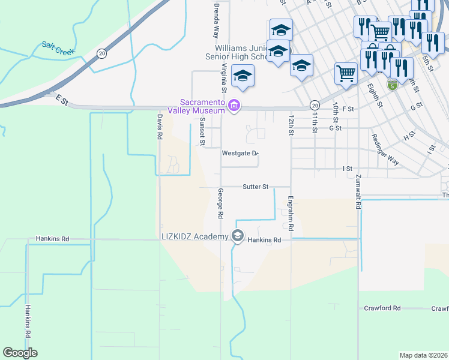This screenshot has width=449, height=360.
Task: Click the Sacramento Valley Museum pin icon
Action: pos(234,107)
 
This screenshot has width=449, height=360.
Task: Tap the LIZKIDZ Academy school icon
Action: pos(238,236)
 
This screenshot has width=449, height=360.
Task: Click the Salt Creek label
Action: pos(58,48)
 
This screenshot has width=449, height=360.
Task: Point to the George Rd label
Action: pos(221,203)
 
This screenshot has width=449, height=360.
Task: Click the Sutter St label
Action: pos(256,187)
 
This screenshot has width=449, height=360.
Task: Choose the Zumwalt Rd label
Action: pos(358,194)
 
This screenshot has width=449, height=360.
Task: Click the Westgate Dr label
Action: pos(240,153)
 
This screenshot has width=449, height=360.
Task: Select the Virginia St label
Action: pos(223,77)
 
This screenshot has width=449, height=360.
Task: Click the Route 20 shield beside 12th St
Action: pos(315,105)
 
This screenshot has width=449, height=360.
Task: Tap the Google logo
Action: pos(20,353)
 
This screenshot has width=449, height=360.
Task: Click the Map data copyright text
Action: pos(424,355)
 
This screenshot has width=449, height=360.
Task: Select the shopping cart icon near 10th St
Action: pos(346,74)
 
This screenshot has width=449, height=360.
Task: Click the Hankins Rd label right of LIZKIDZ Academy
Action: pos(265,240)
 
